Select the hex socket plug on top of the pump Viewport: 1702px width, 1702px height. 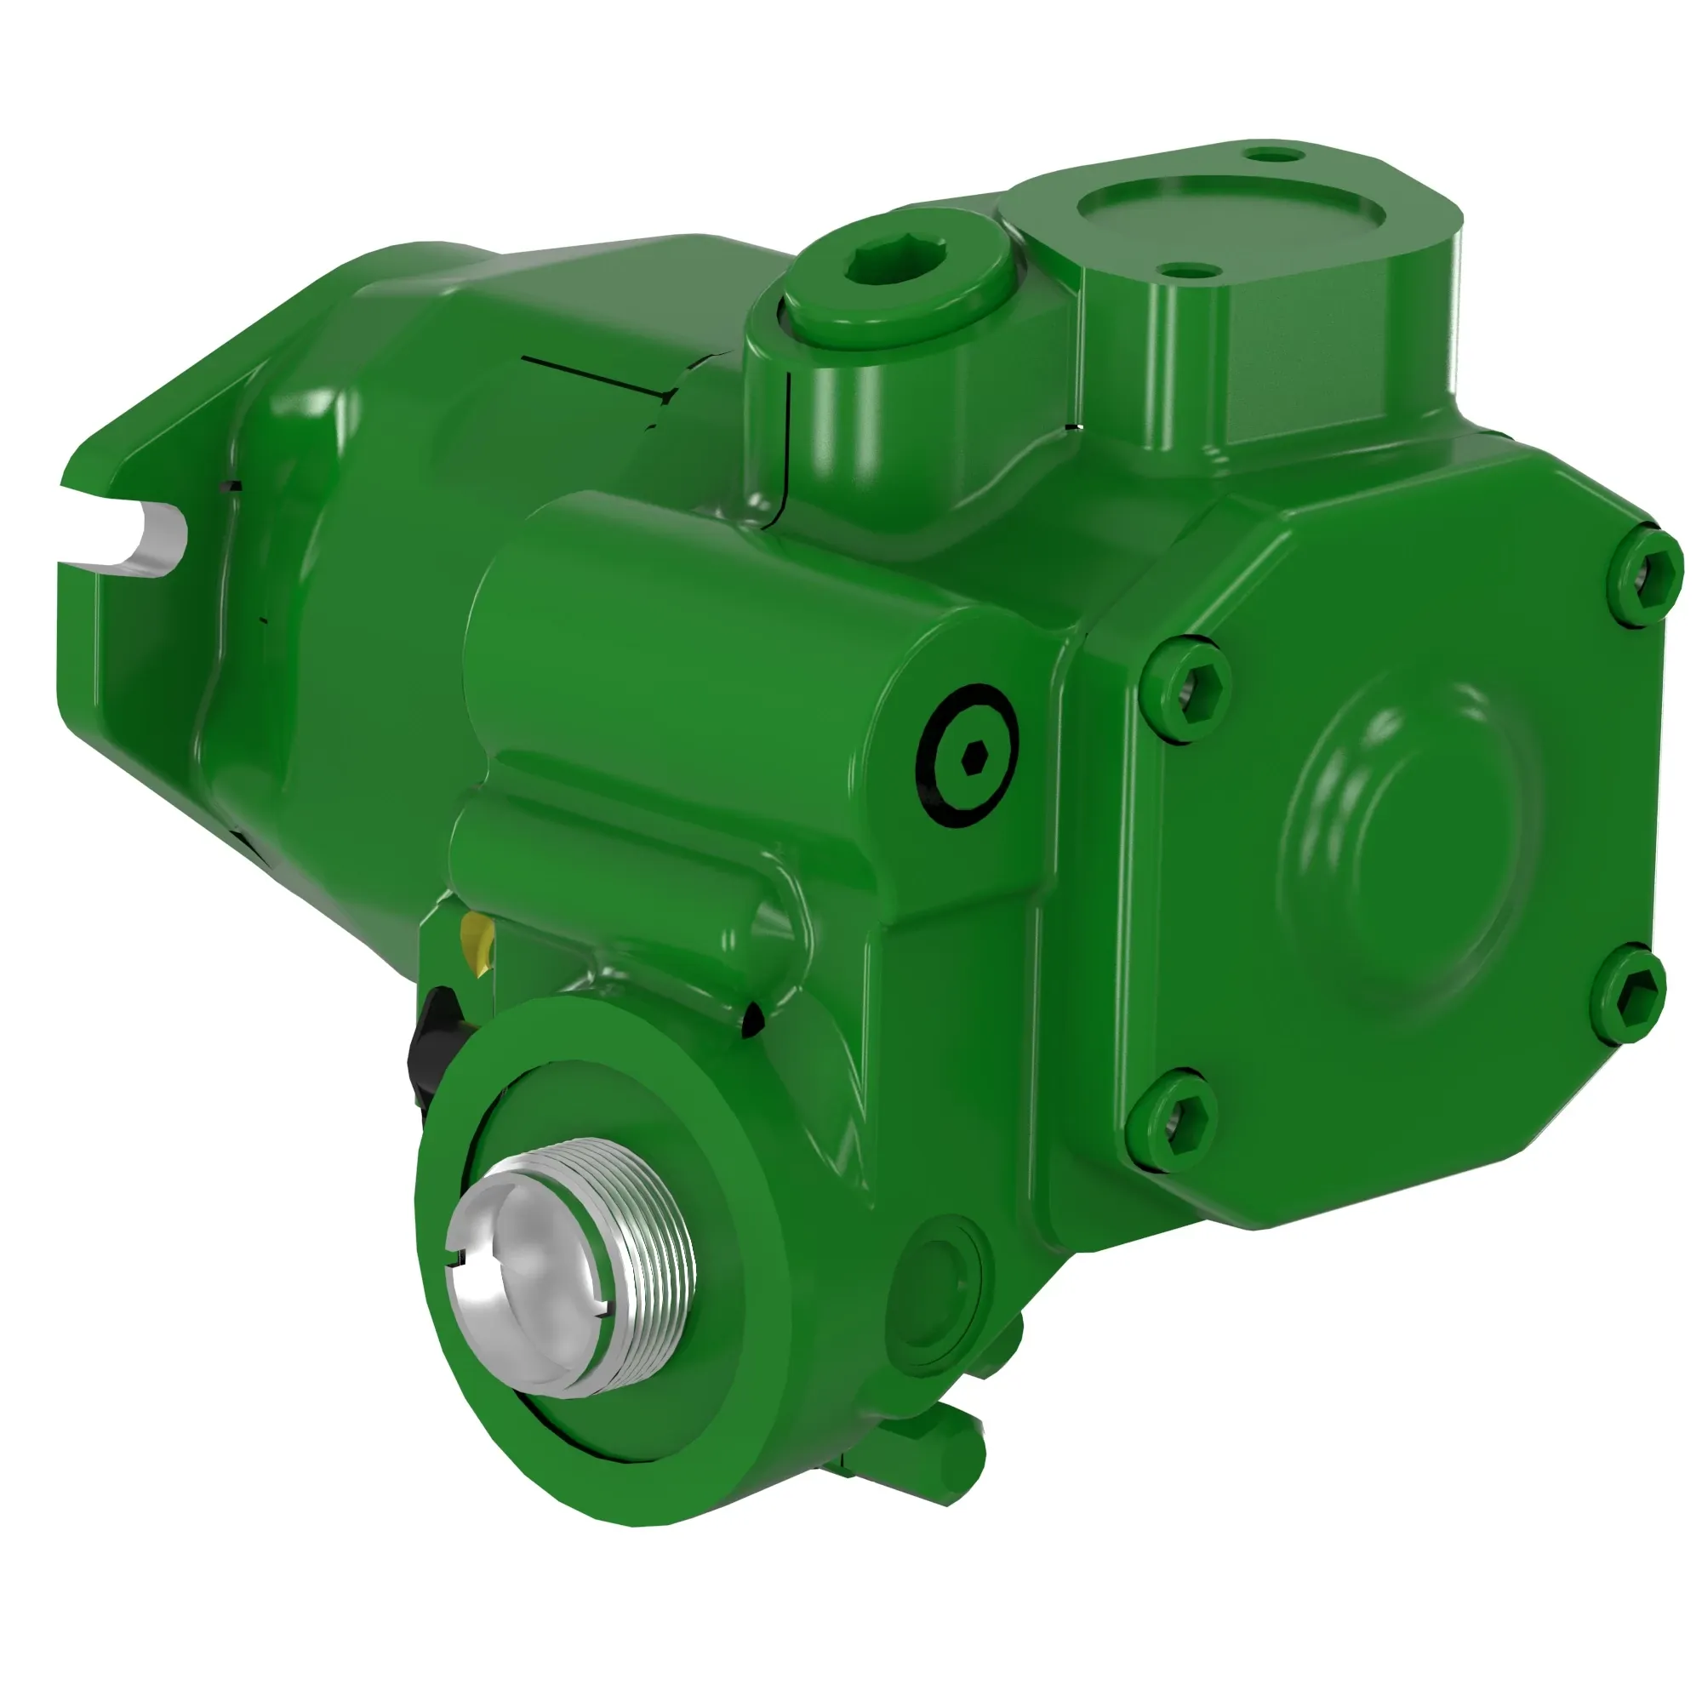[x=896, y=261]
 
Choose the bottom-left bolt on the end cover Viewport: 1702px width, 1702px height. [x=1173, y=1120]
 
